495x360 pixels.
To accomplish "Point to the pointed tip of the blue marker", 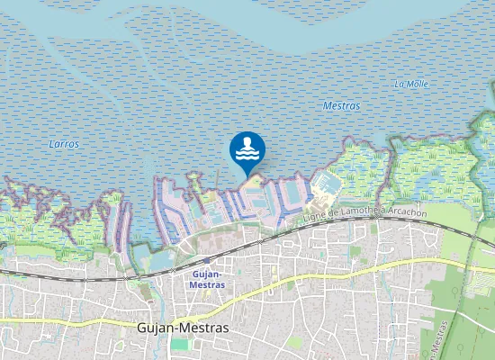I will [x=247, y=176].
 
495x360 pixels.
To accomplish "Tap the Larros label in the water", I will [x=64, y=144].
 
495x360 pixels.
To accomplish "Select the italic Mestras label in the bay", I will [x=341, y=106].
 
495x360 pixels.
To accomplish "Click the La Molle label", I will [x=410, y=84].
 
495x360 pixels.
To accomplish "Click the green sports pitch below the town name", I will [x=182, y=344].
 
